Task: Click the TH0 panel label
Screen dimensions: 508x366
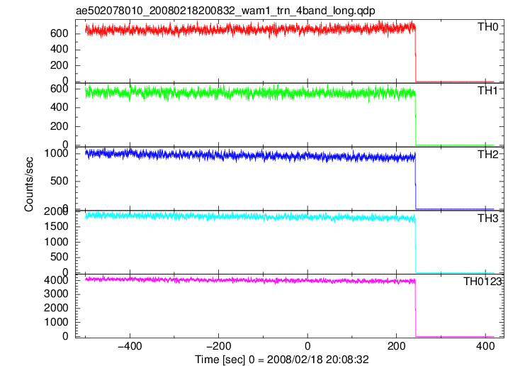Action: click(x=487, y=27)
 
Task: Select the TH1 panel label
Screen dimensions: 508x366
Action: click(x=487, y=91)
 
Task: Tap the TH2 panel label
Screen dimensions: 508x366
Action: click(x=487, y=155)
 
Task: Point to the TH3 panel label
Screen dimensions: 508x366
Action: click(x=487, y=218)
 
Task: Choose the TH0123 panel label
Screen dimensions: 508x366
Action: click(x=482, y=282)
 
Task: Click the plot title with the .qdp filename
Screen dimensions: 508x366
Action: click(x=225, y=11)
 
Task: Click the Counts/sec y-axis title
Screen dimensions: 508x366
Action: click(x=29, y=184)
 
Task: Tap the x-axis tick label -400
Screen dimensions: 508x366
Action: click(x=130, y=347)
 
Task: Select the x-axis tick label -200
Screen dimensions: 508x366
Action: click(x=219, y=347)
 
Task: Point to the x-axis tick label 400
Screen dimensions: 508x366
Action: click(x=485, y=347)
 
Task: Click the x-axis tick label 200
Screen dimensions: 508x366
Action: click(x=396, y=347)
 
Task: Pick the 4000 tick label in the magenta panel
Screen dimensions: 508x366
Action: click(x=57, y=280)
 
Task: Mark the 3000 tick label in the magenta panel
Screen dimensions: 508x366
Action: click(x=57, y=294)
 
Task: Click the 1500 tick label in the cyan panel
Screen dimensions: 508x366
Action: click(x=57, y=226)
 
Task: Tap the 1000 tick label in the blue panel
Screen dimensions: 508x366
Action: click(x=57, y=153)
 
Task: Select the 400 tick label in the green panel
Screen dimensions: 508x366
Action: click(x=60, y=107)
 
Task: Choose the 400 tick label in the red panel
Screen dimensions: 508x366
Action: click(x=60, y=50)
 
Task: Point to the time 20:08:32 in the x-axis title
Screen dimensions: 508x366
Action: click(x=347, y=360)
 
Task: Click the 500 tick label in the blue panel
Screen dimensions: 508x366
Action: click(x=60, y=181)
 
